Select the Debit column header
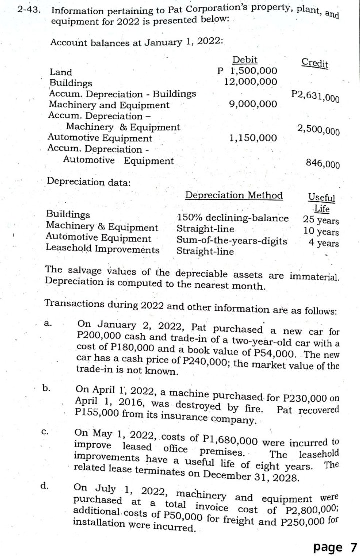245,60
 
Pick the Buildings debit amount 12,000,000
250,82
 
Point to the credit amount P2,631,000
315,95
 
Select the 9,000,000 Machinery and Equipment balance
252,104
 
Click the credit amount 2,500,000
318,130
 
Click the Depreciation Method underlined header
234,195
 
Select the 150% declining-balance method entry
233,218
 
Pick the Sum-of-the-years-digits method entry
232,241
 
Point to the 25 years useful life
321,220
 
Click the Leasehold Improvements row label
103,248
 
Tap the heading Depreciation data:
88,182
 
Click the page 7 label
335,546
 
